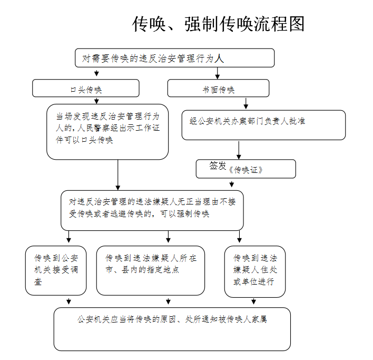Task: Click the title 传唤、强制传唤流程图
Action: (x=218, y=24)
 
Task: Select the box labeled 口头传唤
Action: (x=86, y=88)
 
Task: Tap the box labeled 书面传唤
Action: (x=219, y=88)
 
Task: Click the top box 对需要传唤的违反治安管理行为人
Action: (x=174, y=58)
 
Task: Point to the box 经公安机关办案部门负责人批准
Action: (x=263, y=125)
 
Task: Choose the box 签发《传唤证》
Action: (x=246, y=169)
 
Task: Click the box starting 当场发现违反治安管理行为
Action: (x=107, y=132)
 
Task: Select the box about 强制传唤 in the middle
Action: (x=152, y=210)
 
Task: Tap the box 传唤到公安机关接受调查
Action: (x=56, y=270)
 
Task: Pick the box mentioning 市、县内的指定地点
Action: (x=151, y=270)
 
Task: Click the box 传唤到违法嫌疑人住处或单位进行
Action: (x=255, y=271)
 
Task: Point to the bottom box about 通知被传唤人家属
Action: (x=172, y=329)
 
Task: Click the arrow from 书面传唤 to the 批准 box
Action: (x=246, y=103)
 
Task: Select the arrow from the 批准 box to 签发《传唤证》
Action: (x=239, y=150)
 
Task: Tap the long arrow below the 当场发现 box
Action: (x=118, y=175)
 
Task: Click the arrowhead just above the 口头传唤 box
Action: (x=96, y=73)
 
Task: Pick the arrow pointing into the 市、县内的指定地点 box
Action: (x=169, y=237)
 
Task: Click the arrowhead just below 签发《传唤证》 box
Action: (x=232, y=184)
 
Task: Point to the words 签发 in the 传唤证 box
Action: (x=218, y=166)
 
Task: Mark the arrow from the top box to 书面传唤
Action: (x=218, y=73)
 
